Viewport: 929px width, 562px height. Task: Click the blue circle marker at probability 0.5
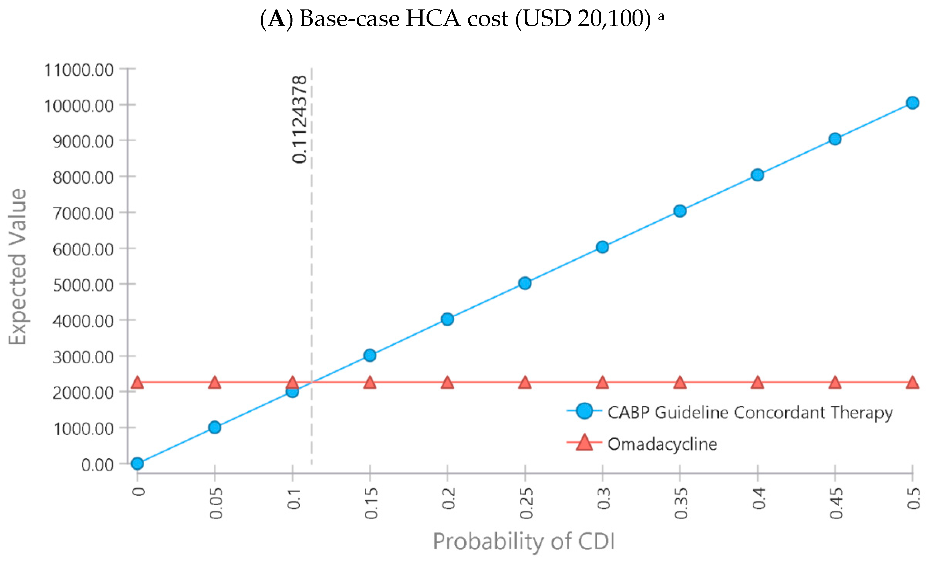(x=912, y=103)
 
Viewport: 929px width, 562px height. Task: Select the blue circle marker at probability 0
(x=137, y=463)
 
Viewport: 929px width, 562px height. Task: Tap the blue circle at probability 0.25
(x=525, y=283)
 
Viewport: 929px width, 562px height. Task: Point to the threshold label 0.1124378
(x=300, y=119)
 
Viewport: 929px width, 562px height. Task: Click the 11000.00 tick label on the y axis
(x=79, y=70)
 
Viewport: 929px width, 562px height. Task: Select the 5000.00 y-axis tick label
(x=83, y=285)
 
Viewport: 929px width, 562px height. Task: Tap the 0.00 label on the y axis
(x=97, y=465)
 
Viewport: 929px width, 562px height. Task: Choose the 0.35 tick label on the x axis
(x=681, y=503)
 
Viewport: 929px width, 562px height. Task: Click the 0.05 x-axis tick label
(x=216, y=503)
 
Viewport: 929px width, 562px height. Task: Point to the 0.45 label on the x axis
(x=836, y=503)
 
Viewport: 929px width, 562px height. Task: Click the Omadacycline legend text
(x=662, y=444)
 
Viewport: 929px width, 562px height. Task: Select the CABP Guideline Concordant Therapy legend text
(x=750, y=412)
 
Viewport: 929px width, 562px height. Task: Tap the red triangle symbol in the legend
(x=584, y=443)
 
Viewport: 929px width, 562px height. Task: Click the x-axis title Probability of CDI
(x=524, y=542)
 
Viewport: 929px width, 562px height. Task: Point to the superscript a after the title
(x=661, y=16)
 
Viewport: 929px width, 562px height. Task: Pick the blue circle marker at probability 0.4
(x=757, y=175)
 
